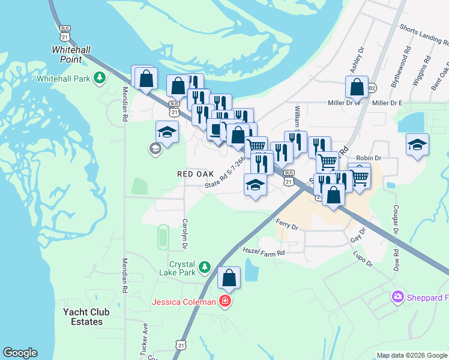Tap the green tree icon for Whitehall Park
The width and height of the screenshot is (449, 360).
click(100, 78)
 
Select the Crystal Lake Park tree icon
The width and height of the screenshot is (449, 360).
click(205, 266)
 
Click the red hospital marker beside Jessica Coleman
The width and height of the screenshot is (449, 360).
click(224, 301)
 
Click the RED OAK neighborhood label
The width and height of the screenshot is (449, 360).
click(196, 173)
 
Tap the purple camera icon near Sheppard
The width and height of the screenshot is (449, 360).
click(397, 297)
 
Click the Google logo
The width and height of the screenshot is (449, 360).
click(19, 353)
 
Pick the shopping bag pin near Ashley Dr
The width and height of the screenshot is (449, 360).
click(357, 87)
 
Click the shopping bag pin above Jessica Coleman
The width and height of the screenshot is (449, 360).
click(229, 277)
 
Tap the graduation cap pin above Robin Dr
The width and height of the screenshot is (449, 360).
click(417, 145)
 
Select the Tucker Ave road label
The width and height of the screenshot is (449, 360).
click(145, 340)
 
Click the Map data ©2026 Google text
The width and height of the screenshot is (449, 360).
click(411, 355)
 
